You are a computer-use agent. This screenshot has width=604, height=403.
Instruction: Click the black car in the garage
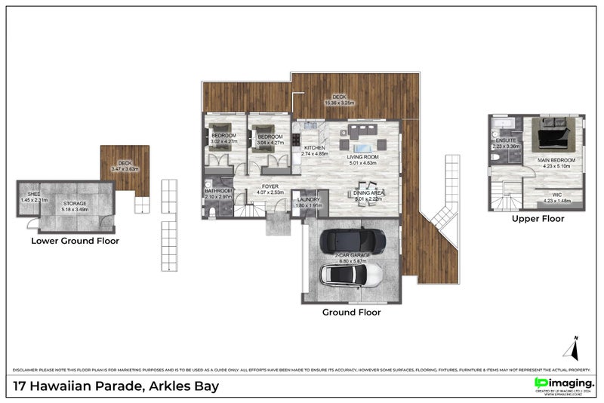(353, 241)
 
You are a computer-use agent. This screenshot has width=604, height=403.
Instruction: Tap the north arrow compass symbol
(572, 348)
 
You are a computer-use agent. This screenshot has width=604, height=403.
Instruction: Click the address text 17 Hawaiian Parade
(116, 386)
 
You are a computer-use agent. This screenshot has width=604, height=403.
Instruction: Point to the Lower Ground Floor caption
(75, 241)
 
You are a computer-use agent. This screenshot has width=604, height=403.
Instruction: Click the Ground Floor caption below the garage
(351, 312)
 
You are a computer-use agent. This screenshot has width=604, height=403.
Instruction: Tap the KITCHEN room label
(314, 148)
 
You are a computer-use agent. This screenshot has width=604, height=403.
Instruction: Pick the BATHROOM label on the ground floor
(218, 191)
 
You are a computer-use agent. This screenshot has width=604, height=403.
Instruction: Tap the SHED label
(23, 194)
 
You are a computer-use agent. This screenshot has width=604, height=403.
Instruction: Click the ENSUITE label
(505, 141)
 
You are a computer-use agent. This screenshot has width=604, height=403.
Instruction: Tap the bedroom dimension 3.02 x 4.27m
(223, 140)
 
